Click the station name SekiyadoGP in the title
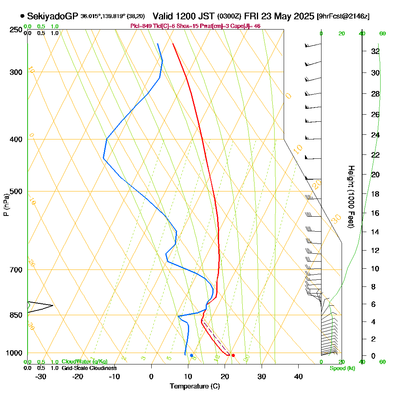[x=52, y=16]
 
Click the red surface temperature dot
[x=233, y=355]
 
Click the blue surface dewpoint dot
[x=191, y=355]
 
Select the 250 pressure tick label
[x=15, y=30]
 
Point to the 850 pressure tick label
[x=15, y=315]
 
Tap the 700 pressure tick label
[x=15, y=270]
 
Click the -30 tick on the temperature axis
[x=41, y=376]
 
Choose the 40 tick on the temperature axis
[x=298, y=376]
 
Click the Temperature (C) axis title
[x=195, y=386]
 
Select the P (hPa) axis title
[x=6, y=205]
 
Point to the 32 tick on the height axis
[x=375, y=51]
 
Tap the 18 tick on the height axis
[x=375, y=194]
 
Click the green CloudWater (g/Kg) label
[x=84, y=362]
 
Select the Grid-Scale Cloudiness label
[x=89, y=368]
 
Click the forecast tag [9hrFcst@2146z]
[x=343, y=17]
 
